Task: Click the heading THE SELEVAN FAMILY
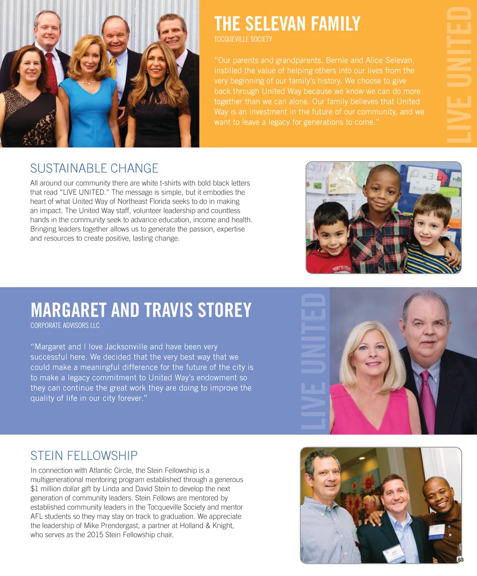(287, 23)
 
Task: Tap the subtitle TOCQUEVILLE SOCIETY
(243, 39)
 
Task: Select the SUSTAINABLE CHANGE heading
(94, 168)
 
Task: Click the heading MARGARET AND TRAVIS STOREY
(141, 310)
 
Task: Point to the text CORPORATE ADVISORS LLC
(65, 325)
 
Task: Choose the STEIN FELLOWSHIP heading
(84, 455)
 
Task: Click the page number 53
(460, 560)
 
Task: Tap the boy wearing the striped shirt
(431, 237)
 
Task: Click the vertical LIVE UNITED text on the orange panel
(459, 75)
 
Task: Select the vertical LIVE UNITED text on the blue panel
(313, 361)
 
